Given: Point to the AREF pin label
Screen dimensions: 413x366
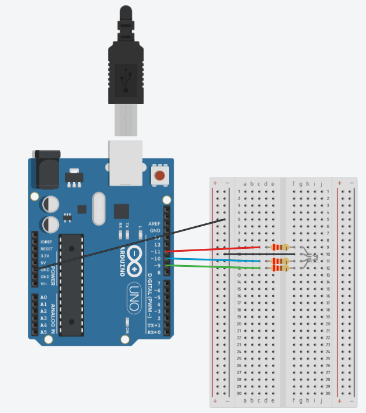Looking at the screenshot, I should [x=154, y=223].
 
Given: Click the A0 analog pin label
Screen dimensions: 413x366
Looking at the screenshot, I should [x=43, y=297].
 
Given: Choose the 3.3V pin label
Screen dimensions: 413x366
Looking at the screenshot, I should [x=45, y=255].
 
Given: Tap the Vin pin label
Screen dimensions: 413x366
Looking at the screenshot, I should [x=43, y=283].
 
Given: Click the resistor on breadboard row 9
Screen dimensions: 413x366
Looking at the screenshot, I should [x=280, y=247].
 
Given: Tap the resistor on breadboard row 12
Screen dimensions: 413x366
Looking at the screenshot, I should [x=280, y=268].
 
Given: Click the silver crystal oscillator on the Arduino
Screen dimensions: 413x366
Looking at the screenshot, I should [x=98, y=209].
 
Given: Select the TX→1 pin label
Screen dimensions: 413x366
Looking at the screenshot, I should [x=154, y=325].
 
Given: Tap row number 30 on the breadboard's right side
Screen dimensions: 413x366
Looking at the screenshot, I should [x=328, y=393].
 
